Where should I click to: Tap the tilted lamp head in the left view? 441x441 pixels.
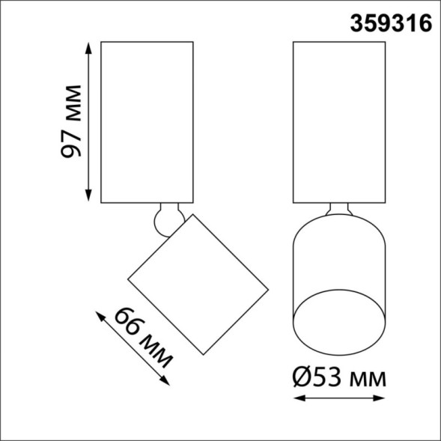(198, 285)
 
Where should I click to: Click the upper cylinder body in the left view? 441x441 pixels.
(147, 120)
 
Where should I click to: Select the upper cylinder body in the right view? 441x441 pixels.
(339, 120)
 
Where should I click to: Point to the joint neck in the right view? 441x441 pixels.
(339, 210)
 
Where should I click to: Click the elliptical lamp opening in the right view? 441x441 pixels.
(338, 322)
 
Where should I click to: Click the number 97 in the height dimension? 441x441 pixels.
(72, 142)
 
